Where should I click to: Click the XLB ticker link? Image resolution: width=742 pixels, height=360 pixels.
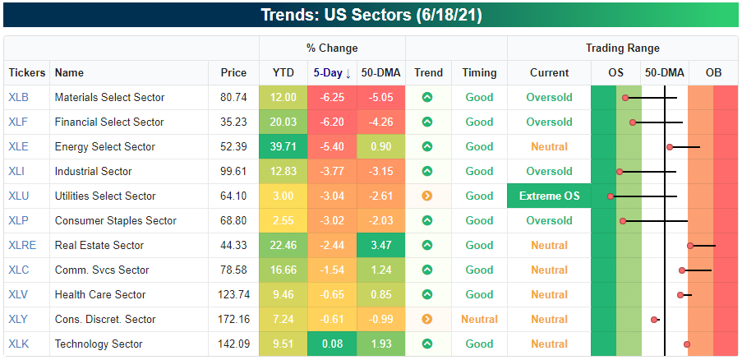[x=18, y=97]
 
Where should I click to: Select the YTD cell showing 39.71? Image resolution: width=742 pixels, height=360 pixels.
[x=283, y=146]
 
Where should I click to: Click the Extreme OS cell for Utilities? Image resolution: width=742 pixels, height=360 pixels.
[x=549, y=196]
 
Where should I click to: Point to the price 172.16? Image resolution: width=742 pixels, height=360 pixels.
[x=234, y=319]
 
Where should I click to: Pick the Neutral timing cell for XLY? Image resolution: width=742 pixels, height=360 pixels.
[x=479, y=319]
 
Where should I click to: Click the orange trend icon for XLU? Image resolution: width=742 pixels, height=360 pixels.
[x=427, y=196]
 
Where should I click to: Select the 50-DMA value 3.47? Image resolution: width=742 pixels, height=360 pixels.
[x=381, y=245]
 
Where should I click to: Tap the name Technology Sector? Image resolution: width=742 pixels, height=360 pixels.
[x=99, y=344]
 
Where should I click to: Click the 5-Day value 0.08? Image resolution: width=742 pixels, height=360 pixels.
[x=332, y=344]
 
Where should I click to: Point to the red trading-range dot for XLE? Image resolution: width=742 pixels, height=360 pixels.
[x=670, y=147]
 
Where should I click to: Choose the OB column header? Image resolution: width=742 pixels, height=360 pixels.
[x=713, y=73]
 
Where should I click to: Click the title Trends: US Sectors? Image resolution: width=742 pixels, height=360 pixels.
[x=370, y=16]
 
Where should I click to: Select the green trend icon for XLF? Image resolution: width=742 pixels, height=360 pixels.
[x=427, y=122]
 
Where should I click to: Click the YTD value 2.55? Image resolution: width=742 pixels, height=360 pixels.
[x=283, y=220]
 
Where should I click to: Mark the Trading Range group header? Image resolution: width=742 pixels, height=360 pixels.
[x=622, y=48]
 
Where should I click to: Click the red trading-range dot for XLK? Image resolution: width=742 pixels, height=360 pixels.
[x=687, y=344]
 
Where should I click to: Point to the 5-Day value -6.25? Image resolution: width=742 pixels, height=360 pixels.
[x=332, y=97]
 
